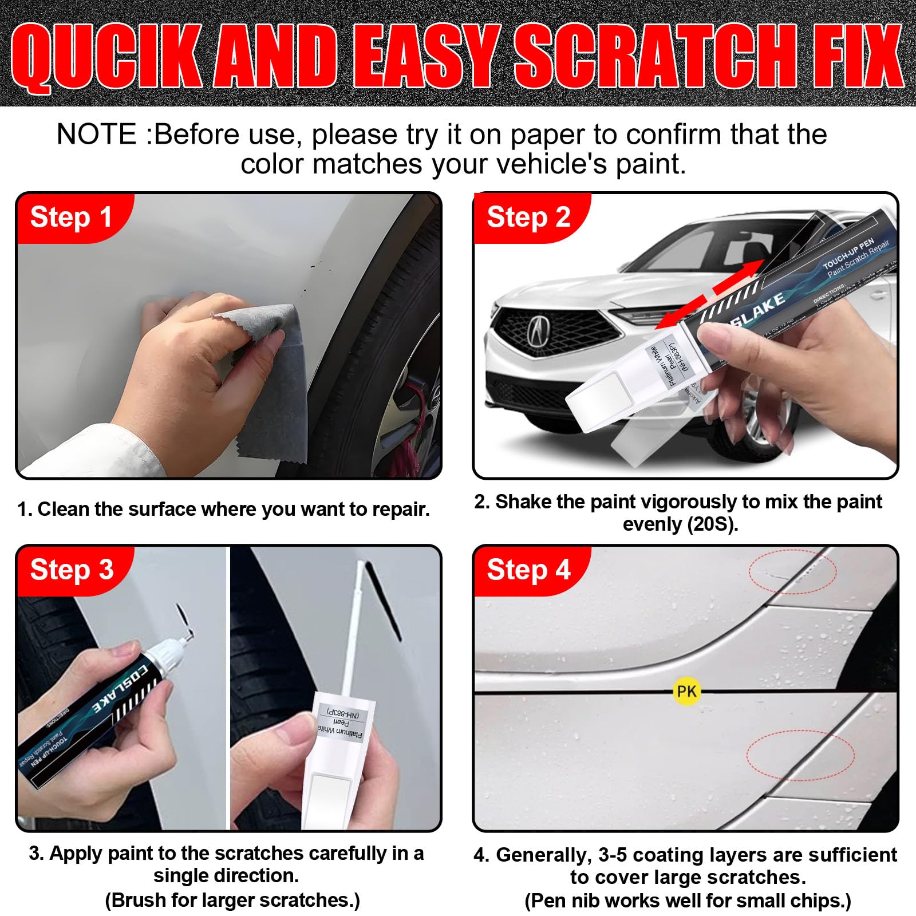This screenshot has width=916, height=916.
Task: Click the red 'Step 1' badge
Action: pyautogui.click(x=71, y=218)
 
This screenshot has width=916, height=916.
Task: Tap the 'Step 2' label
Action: pyautogui.click(x=528, y=218)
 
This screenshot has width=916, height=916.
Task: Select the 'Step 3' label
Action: pyautogui.click(x=72, y=570)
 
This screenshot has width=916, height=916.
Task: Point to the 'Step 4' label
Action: pyautogui.click(x=528, y=570)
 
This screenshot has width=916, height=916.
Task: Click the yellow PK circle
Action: pyautogui.click(x=686, y=692)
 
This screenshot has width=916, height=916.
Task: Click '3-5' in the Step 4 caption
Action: pyautogui.click(x=614, y=855)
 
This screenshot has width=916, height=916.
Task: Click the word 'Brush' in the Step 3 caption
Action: pyautogui.click(x=138, y=900)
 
